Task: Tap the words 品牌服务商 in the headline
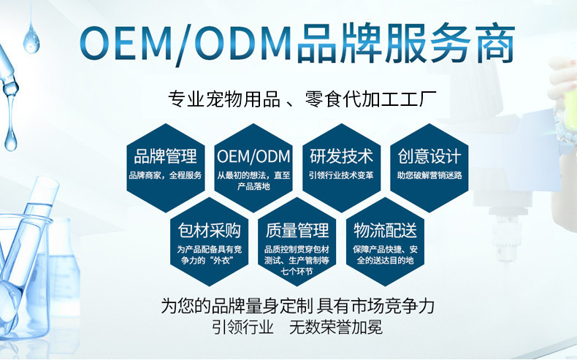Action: (406, 45)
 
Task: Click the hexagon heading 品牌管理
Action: (166, 156)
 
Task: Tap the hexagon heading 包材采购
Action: (210, 231)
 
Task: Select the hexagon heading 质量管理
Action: (298, 231)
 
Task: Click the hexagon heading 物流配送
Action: (385, 231)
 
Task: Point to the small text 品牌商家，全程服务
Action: (166, 175)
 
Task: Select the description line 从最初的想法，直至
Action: (254, 175)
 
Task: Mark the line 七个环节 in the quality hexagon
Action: (298, 270)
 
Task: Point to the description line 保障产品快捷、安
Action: (385, 250)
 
